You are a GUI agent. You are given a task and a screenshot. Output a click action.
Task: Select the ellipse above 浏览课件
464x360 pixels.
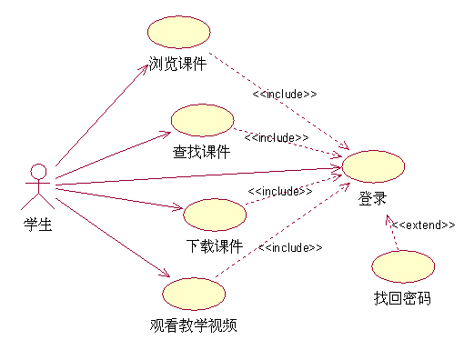click(178, 33)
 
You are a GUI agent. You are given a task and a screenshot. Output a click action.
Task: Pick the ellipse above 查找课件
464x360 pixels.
click(202, 120)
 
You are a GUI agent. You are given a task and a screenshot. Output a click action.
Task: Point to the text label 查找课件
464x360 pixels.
click(202, 152)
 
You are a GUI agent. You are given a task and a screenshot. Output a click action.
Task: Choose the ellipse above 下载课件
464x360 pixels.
click(215, 215)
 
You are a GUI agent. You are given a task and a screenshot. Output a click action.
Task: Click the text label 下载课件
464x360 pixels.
click(215, 245)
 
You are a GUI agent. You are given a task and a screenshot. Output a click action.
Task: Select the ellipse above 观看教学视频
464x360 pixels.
click(194, 293)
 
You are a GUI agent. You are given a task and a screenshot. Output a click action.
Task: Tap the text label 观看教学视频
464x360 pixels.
click(195, 324)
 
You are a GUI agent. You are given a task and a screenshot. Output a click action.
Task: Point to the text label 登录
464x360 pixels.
click(372, 199)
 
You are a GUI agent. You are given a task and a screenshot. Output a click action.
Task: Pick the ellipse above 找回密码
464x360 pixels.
click(401, 265)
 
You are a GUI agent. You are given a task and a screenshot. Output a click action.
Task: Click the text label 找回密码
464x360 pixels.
click(401, 297)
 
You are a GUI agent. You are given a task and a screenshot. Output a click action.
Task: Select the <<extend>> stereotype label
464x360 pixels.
click(423, 225)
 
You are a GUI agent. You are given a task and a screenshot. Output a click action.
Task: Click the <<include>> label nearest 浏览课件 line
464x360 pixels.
click(285, 94)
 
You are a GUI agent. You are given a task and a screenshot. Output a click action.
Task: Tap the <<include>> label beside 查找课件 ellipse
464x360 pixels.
click(277, 137)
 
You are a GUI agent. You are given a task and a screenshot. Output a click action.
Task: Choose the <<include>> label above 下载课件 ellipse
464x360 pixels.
click(280, 191)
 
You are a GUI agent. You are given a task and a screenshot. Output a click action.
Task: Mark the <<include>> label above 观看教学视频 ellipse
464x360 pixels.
click(290, 247)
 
